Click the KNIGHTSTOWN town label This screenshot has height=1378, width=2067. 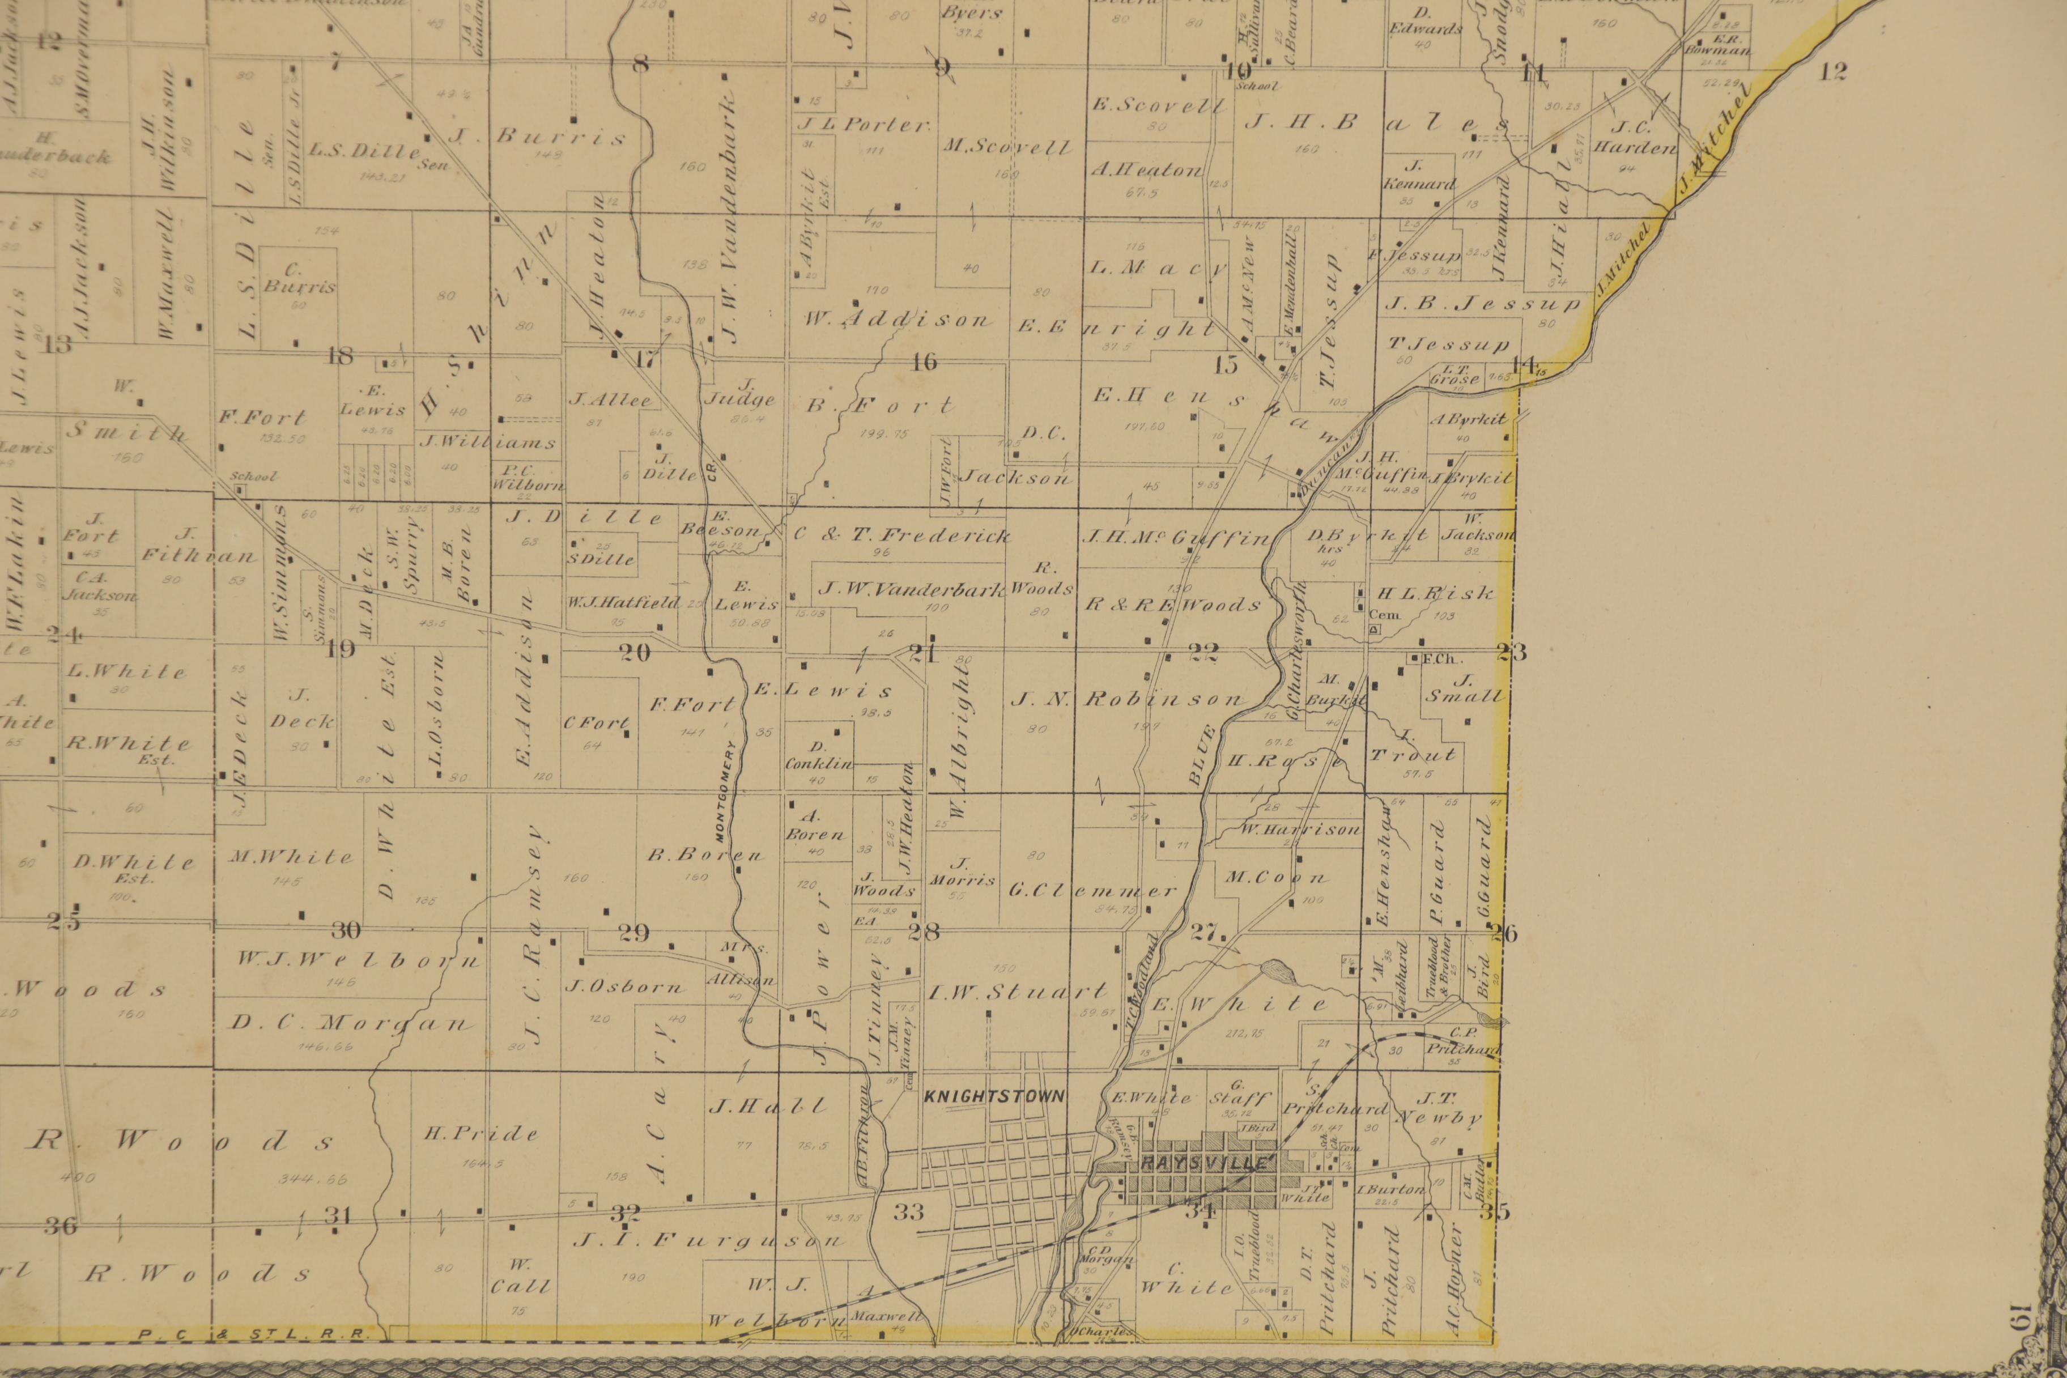994,1097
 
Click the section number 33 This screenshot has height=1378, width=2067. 909,1213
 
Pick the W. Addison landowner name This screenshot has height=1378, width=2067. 896,321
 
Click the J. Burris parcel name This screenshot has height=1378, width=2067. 538,137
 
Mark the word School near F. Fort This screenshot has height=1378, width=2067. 253,477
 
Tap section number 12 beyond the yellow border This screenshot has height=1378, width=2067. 1832,72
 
